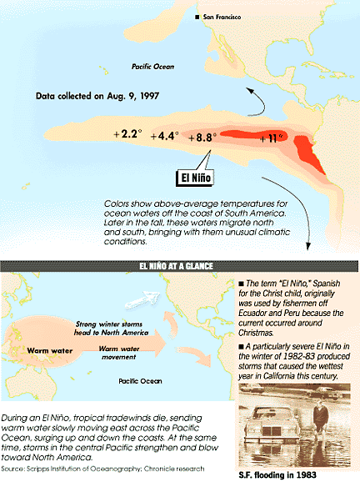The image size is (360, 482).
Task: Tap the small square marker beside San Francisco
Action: coord(197,17)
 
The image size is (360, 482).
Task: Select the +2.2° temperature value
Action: coord(128,133)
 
